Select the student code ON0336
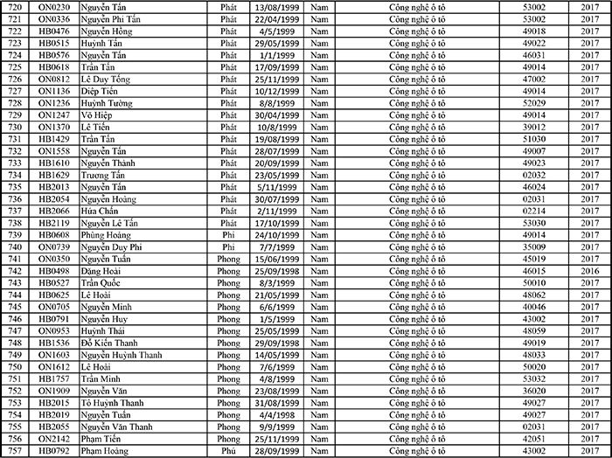54,17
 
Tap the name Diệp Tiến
100,90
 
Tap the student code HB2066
54,211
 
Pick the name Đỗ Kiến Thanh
110,343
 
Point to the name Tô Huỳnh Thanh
112,403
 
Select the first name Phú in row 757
229,451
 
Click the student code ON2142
54,439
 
